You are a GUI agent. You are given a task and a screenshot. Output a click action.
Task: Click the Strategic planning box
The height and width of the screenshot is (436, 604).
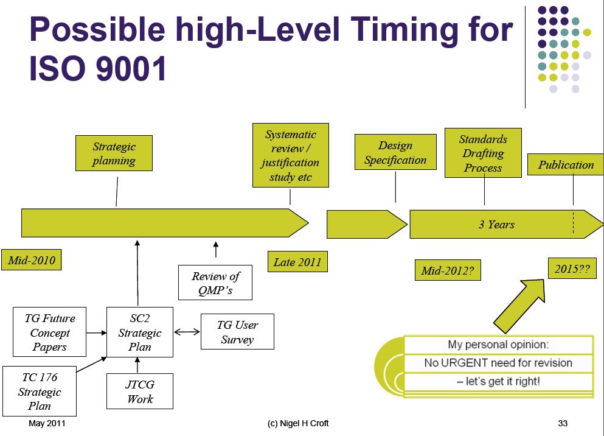tap(114, 153)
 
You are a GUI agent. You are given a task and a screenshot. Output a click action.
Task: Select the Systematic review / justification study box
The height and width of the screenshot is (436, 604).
tap(290, 156)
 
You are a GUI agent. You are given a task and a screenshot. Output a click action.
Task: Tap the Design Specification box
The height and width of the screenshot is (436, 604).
tap(395, 153)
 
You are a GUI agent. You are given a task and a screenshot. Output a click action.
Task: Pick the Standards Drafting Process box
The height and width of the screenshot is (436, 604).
tap(483, 153)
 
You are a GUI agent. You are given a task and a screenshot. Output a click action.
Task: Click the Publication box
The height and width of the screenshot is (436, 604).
tap(566, 165)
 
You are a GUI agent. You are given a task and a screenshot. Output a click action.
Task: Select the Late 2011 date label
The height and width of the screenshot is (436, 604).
tap(297, 262)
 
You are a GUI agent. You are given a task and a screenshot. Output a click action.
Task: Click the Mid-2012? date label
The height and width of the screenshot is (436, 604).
tap(447, 270)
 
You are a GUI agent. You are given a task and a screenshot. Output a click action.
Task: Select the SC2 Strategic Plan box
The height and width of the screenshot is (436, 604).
tap(140, 332)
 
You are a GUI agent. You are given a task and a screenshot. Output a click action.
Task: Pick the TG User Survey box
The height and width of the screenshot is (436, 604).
tap(237, 332)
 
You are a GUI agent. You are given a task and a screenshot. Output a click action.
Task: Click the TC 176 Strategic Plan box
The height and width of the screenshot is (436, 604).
tap(40, 392)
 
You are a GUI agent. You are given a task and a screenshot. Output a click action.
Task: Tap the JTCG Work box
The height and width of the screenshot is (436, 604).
tap(140, 392)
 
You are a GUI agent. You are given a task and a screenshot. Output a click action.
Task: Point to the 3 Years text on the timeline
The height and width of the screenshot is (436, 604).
tap(496, 225)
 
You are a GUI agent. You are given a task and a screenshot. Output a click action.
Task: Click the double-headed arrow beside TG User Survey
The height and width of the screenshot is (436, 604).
tap(187, 332)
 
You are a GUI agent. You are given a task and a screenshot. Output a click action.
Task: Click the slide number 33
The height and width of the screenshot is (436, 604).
tap(562, 423)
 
